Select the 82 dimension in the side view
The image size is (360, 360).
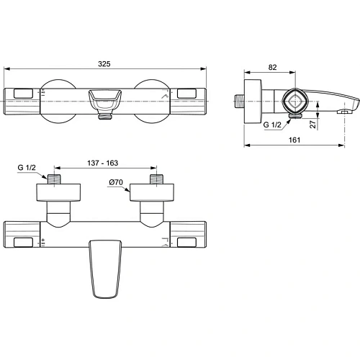tap(271, 66)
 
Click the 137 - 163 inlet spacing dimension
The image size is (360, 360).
tap(105, 163)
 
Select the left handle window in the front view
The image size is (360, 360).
tap(22, 93)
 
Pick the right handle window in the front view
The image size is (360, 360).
tap(189, 93)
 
